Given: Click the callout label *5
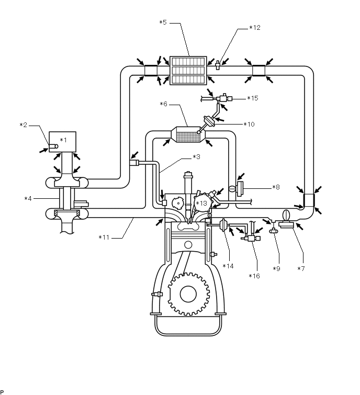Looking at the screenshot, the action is (x=163, y=22).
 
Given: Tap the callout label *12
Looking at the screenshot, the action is (x=255, y=27).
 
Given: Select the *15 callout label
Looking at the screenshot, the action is (x=253, y=98).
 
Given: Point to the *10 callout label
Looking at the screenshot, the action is (x=249, y=124).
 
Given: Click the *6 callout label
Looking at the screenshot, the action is (x=163, y=104).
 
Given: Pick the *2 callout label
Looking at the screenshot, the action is (x=24, y=125).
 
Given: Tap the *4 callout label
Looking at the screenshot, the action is (x=28, y=198).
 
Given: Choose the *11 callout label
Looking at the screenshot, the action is (x=104, y=238).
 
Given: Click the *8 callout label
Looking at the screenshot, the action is (x=276, y=187).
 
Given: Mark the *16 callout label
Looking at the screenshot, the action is (x=254, y=276).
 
